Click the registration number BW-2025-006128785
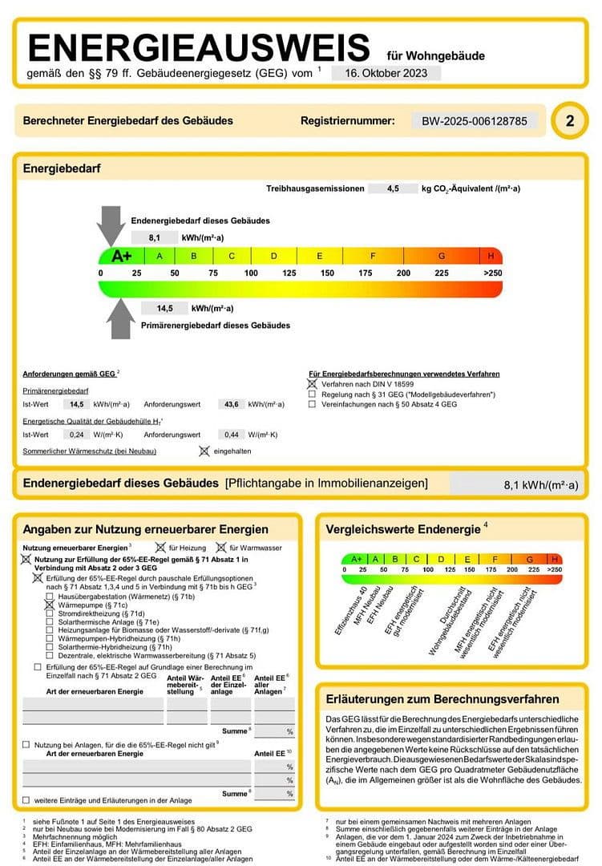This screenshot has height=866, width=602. pos(475,121)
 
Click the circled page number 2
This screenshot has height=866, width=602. pos(570,121)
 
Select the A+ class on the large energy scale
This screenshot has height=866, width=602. pos(121,256)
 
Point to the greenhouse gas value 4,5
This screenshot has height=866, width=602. pos(392,188)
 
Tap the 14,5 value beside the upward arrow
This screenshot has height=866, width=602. pos(165,308)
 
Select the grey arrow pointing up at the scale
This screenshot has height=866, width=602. pos(121,318)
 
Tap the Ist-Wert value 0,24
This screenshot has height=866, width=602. pos(77,434)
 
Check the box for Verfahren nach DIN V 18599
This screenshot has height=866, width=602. pos(313,385)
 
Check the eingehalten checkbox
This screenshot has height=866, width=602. pos(204,451)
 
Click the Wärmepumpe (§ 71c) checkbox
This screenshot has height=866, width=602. pos(50,605)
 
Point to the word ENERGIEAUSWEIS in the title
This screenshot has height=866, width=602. pos(200,48)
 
